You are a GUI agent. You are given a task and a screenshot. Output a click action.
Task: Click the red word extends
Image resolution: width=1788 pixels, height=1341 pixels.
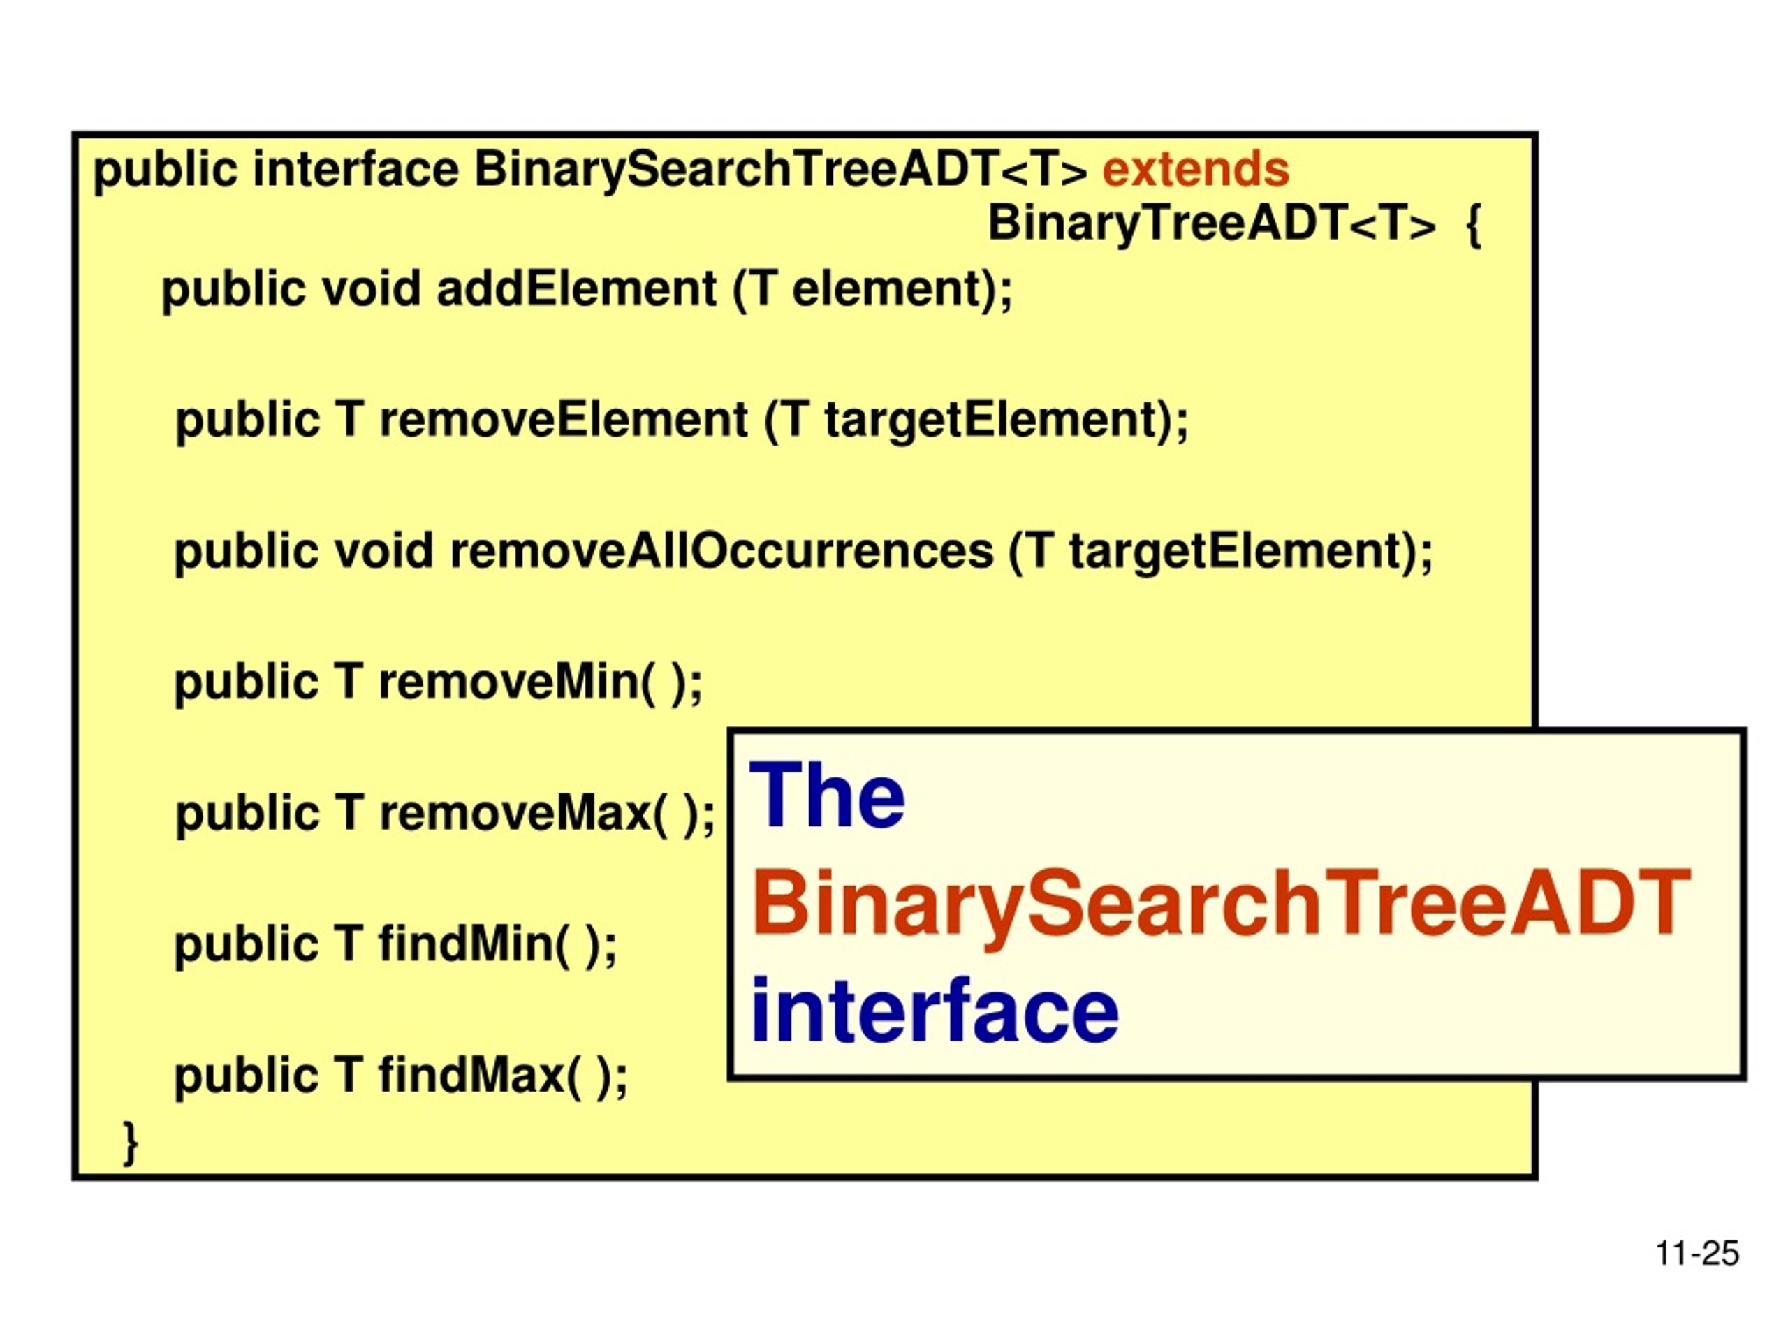(1195, 170)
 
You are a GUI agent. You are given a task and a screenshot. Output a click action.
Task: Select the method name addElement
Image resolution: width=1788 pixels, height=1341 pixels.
(576, 288)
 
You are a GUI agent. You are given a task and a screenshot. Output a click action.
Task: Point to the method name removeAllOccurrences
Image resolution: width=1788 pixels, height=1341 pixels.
(721, 551)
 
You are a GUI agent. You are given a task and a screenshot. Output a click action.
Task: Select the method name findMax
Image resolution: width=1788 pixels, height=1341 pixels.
(472, 1074)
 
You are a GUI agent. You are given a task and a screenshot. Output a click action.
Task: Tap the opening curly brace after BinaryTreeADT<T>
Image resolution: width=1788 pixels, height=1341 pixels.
(1473, 226)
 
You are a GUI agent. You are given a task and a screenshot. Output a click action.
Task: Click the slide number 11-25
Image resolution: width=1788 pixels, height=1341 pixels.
(1697, 1254)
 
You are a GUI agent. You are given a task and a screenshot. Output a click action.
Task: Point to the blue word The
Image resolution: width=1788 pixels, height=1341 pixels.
(828, 796)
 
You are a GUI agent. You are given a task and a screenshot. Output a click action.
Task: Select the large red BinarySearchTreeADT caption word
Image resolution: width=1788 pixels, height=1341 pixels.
(1221, 904)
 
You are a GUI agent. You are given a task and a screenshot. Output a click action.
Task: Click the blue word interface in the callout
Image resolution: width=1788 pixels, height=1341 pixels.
(935, 1011)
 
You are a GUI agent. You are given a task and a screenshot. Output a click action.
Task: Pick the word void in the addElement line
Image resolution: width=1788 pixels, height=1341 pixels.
(371, 288)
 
